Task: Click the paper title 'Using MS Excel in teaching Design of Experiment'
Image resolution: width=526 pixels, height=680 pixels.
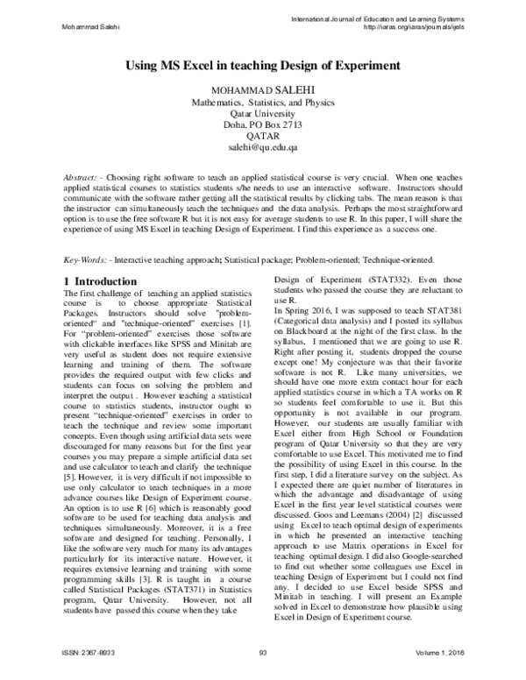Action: click(x=263, y=65)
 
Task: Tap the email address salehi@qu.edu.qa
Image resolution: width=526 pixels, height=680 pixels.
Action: click(x=263, y=149)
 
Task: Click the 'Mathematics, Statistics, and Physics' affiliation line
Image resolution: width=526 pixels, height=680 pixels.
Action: click(x=263, y=103)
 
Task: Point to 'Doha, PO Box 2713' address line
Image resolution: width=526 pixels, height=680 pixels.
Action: click(x=263, y=126)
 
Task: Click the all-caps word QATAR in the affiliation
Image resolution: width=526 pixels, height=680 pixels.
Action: click(x=263, y=138)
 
